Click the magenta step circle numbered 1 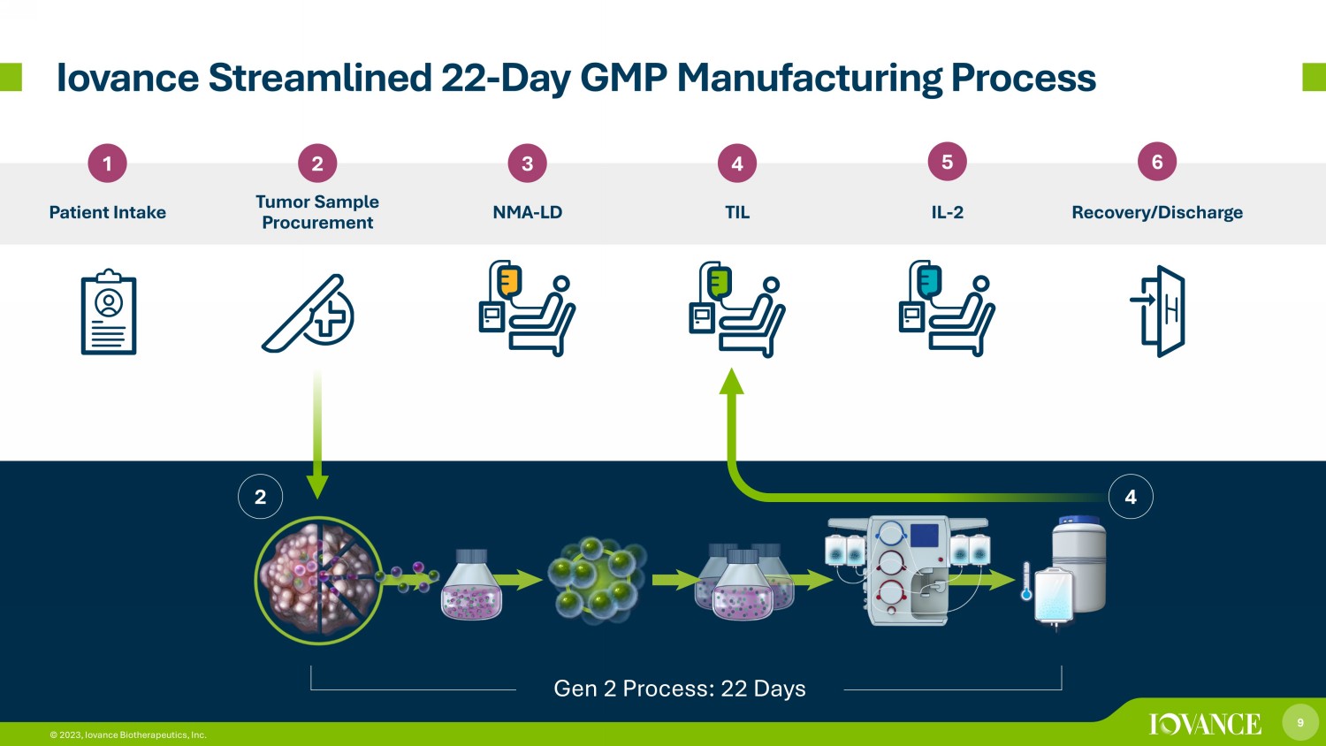pyautogui.click(x=107, y=163)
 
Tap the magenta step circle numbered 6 pyautogui.click(x=1156, y=162)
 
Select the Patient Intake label pyautogui.click(x=107, y=212)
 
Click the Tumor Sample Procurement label pyautogui.click(x=317, y=212)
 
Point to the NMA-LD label pyautogui.click(x=528, y=212)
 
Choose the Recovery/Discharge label pyautogui.click(x=1156, y=212)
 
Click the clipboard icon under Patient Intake pyautogui.click(x=109, y=312)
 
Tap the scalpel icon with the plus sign pyautogui.click(x=308, y=313)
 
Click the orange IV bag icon pyautogui.click(x=509, y=281)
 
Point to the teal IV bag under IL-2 pyautogui.click(x=929, y=282)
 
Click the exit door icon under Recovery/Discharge pyautogui.click(x=1158, y=311)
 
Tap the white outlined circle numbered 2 pyautogui.click(x=260, y=497)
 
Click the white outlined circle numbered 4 pyautogui.click(x=1130, y=497)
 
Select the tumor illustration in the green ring pyautogui.click(x=318, y=580)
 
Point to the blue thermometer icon pyautogui.click(x=1026, y=582)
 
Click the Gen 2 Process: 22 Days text pyautogui.click(x=680, y=689)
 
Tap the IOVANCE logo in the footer pyautogui.click(x=1205, y=724)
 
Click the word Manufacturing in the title pyautogui.click(x=809, y=78)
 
